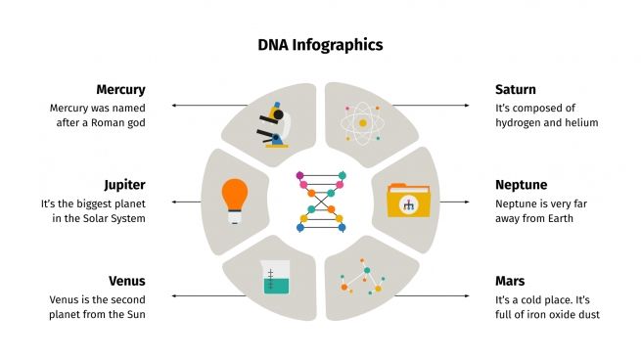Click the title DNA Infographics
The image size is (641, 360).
coord(320,44)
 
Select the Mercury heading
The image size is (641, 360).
coord(120,90)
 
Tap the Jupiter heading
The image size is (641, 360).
coord(124,185)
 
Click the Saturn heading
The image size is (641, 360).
coord(516,90)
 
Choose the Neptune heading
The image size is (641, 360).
coord(521,185)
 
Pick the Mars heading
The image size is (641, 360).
coord(510,281)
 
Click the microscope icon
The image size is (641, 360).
coord(274,123)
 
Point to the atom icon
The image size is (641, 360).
coord(362,123)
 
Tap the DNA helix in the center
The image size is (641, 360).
coord(320,201)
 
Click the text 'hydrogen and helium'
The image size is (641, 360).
coord(546,122)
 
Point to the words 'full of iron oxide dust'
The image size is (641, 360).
coord(547,314)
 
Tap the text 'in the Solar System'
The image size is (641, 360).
coord(95,218)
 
